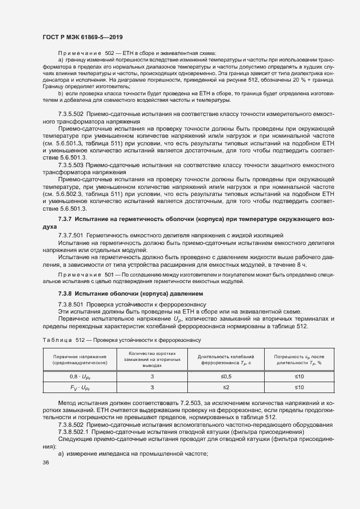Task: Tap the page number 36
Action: coord(46,462)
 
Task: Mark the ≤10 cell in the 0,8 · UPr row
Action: coord(300,376)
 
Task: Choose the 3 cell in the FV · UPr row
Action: coord(152,387)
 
